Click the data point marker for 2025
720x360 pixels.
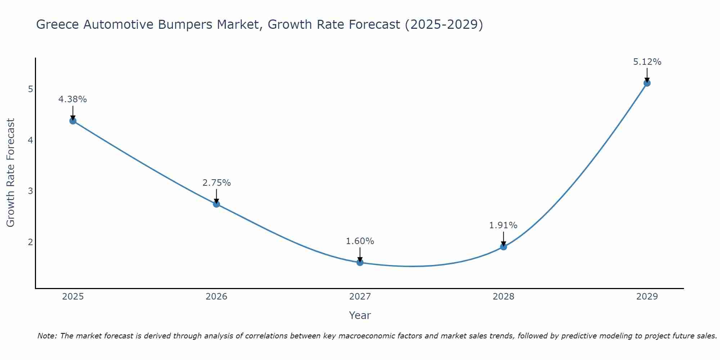pos(73,121)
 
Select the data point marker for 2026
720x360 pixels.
pos(216,204)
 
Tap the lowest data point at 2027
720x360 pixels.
pos(360,262)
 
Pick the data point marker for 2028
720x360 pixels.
pos(503,247)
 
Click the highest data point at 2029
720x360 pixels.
pos(647,83)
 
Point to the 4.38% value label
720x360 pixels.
pos(73,99)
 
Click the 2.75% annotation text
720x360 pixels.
pos(216,183)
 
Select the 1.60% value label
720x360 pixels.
pos(360,241)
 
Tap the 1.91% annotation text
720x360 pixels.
pos(503,225)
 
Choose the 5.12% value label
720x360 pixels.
pos(647,62)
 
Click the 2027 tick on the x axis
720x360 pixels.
pos(360,297)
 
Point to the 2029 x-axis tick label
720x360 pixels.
pos(647,297)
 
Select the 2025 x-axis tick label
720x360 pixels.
pos(73,297)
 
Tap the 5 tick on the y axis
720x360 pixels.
pos(30,89)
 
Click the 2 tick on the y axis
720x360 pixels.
pos(30,242)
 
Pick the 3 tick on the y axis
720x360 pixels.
pos(30,191)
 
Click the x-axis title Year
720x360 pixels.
pos(360,315)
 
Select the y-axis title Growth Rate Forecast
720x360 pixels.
pos(11,173)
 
